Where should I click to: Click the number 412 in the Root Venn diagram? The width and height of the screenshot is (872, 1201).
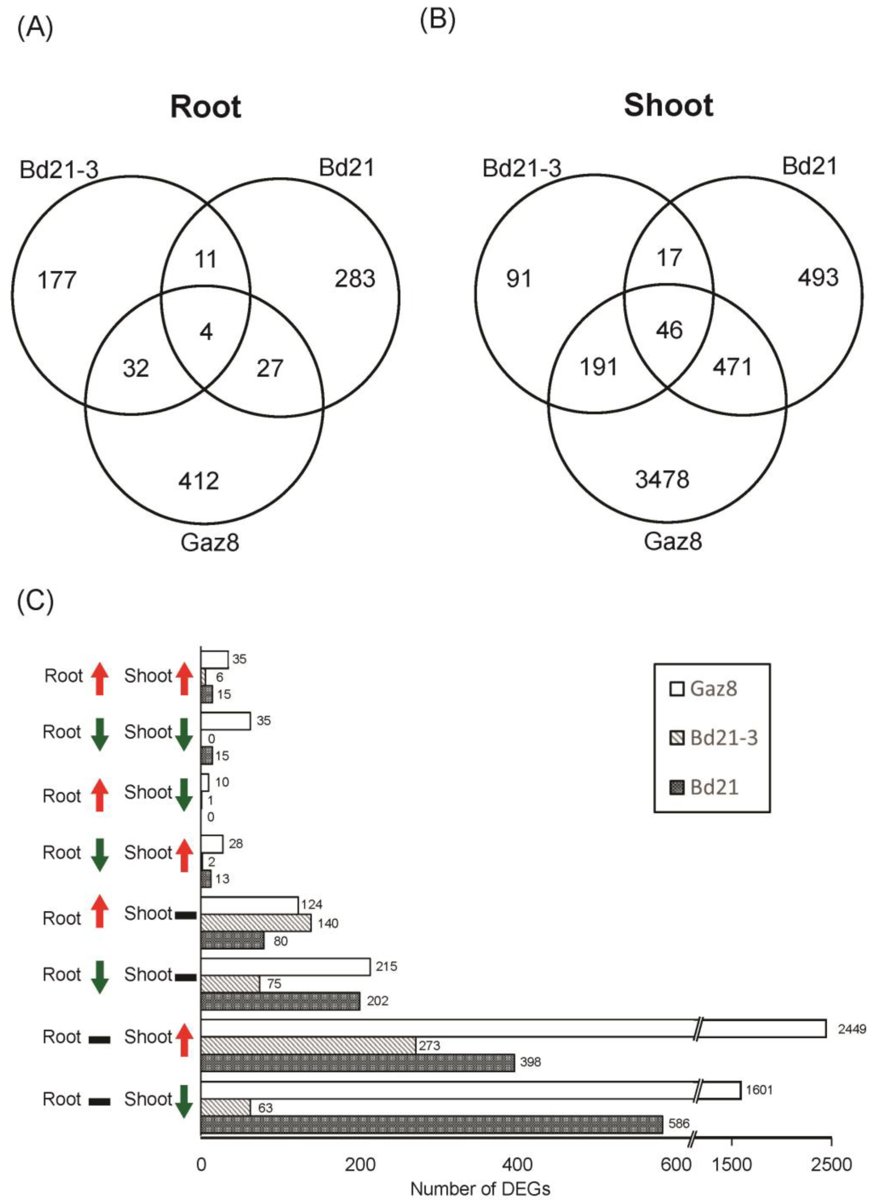point(199,481)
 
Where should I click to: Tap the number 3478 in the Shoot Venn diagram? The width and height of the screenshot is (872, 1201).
point(662,479)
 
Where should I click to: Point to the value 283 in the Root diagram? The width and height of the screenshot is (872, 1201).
point(354,279)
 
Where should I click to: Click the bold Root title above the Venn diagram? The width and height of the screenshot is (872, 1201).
point(206,106)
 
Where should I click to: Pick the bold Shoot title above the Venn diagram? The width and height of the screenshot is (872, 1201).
point(668,105)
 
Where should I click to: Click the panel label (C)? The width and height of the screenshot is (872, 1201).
point(35,603)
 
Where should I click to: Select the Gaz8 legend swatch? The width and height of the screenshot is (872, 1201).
point(677,689)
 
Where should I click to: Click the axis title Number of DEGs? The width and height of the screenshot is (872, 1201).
point(480,1189)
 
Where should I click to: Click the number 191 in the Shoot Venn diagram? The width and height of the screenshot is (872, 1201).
point(598,367)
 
